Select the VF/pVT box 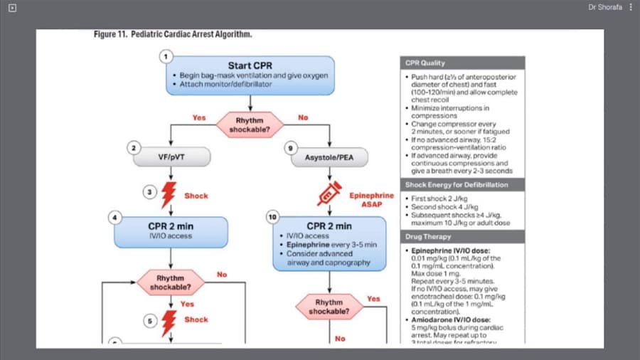[172, 156]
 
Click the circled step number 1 [166, 56]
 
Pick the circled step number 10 [272, 216]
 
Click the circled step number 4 [114, 216]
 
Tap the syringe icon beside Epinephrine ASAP [329, 193]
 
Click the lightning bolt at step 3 [169, 194]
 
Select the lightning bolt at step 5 [169, 322]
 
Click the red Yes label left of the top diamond [200, 117]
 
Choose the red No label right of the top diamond [304, 117]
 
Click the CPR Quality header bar [463, 63]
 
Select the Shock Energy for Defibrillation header [463, 185]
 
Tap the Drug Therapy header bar [463, 236]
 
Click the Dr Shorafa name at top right [604, 7]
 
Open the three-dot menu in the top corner [630, 7]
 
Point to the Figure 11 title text [173, 35]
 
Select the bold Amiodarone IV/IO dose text [450, 320]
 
